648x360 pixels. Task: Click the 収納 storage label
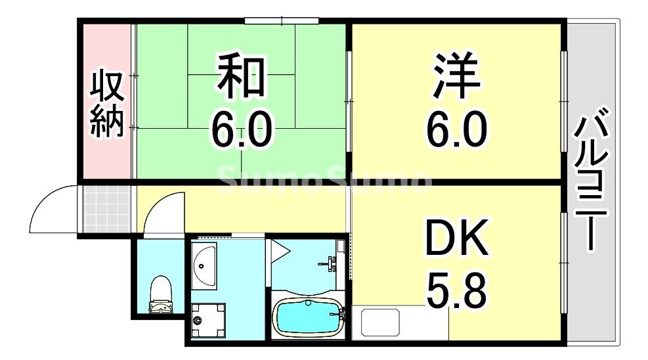(x=107, y=104)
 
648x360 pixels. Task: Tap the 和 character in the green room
(x=241, y=76)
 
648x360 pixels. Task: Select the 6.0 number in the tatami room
(x=241, y=129)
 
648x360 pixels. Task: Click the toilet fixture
(x=160, y=296)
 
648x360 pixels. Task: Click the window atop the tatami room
(x=282, y=20)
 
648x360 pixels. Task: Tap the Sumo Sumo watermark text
(x=324, y=179)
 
